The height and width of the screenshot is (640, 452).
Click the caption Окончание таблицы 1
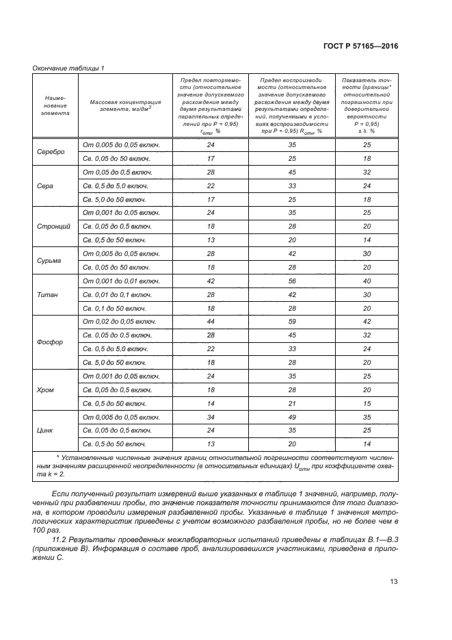tap(68, 67)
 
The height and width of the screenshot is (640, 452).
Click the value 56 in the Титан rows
tap(291, 281)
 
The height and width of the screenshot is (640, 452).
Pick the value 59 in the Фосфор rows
tap(291, 322)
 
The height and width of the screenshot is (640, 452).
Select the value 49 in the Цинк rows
tap(291, 417)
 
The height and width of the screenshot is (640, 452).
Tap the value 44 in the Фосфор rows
tap(211, 322)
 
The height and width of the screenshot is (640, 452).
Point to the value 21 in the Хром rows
tap(291, 404)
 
